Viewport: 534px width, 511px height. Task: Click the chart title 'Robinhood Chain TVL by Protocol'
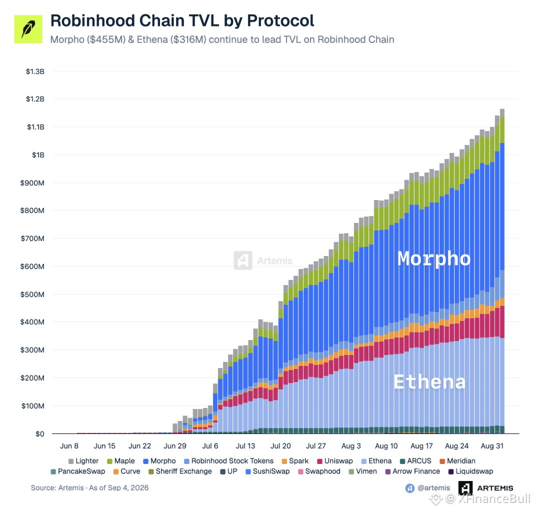tap(182, 21)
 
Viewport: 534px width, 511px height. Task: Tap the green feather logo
tap(28, 29)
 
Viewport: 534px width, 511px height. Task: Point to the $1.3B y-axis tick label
tap(35, 71)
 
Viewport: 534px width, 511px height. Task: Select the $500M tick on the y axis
tap(32, 294)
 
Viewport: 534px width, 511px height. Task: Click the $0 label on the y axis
tap(40, 434)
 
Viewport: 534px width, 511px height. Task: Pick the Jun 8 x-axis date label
tap(69, 446)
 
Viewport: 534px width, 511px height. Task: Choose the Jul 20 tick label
tap(280, 446)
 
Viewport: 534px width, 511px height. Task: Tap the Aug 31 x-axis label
tap(492, 446)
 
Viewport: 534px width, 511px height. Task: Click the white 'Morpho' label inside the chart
tap(434, 258)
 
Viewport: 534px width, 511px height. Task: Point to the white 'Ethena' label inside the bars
tap(429, 381)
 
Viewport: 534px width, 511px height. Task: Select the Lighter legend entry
tap(83, 461)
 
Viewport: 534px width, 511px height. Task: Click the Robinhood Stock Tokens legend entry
tap(228, 461)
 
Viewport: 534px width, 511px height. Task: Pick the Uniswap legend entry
tap(335, 461)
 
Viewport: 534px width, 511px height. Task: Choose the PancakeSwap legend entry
tap(77, 471)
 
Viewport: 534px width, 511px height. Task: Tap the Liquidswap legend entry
tap(470, 471)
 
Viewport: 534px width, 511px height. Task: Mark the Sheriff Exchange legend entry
tap(180, 471)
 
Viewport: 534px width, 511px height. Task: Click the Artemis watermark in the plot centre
tap(263, 260)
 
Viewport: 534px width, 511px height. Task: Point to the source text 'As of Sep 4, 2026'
tap(119, 488)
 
